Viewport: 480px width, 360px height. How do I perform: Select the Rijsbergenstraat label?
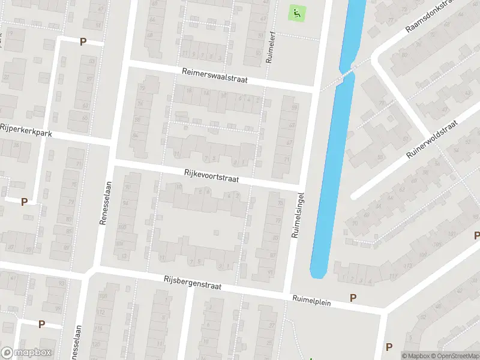(193, 283)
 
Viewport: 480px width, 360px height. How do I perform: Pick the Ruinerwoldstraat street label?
(432, 139)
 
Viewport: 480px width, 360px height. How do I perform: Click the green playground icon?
(296, 11)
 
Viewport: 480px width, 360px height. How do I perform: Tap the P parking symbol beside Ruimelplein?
(353, 298)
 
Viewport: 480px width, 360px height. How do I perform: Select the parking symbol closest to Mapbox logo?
(41, 324)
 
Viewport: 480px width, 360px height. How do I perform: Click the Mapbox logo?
(26, 353)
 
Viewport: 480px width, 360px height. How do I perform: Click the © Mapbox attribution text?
(417, 356)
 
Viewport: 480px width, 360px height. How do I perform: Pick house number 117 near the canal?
(393, 275)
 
